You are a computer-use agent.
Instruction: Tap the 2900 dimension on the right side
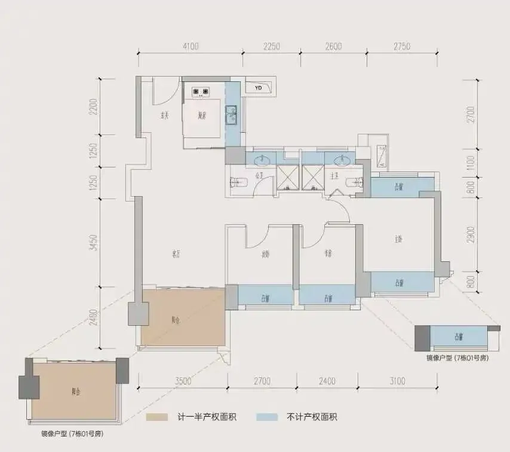(471, 234)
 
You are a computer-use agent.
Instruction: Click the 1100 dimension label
(471, 163)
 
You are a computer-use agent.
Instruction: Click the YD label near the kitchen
(258, 88)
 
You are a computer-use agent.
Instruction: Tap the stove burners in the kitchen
(200, 91)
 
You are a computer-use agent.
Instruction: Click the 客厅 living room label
(176, 255)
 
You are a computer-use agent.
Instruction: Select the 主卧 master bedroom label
(398, 239)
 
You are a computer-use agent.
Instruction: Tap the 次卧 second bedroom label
(265, 254)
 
